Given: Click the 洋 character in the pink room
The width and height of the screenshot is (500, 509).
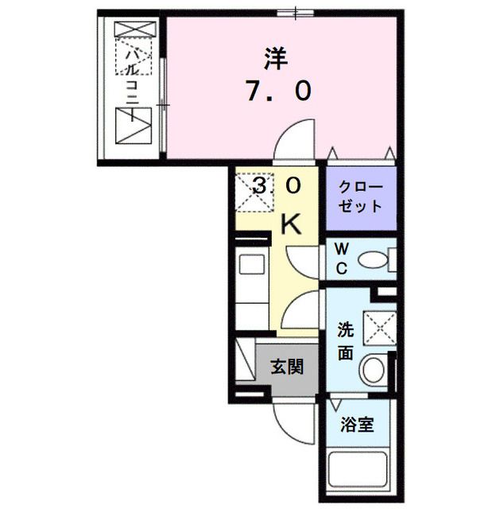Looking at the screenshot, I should pyautogui.click(x=276, y=58).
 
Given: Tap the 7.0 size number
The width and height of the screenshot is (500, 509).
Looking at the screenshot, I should pyautogui.click(x=276, y=92).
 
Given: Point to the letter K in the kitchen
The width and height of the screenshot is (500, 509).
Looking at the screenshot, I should pyautogui.click(x=292, y=225).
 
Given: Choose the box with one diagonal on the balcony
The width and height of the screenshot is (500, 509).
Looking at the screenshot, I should pyautogui.click(x=133, y=126).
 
